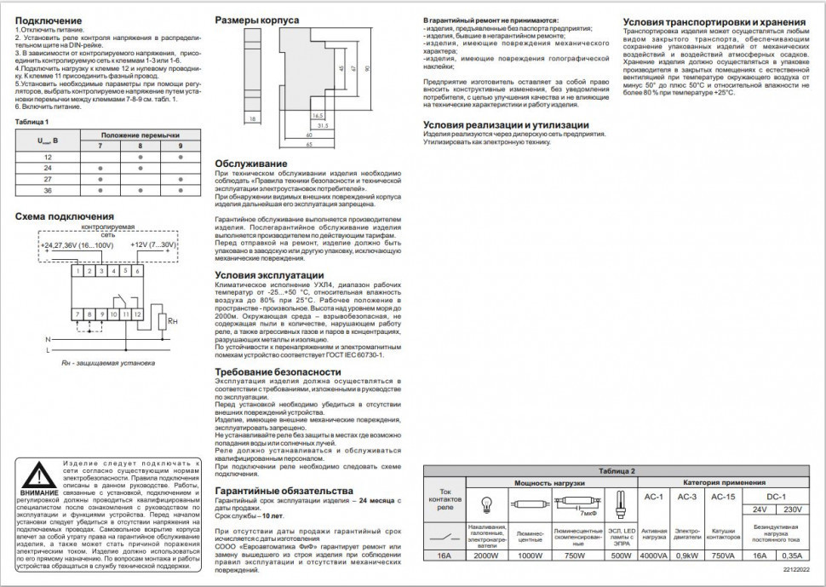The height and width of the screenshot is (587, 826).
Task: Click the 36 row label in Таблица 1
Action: pyautogui.click(x=48, y=191)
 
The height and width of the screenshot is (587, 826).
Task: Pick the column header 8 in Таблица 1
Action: pyautogui.click(x=141, y=147)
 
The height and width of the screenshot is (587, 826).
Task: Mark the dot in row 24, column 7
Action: pyautogui.click(x=100, y=169)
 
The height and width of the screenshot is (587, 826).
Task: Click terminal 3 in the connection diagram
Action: pyautogui.click(x=102, y=270)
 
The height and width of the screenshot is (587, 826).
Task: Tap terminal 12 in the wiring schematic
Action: pyautogui.click(x=126, y=314)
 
